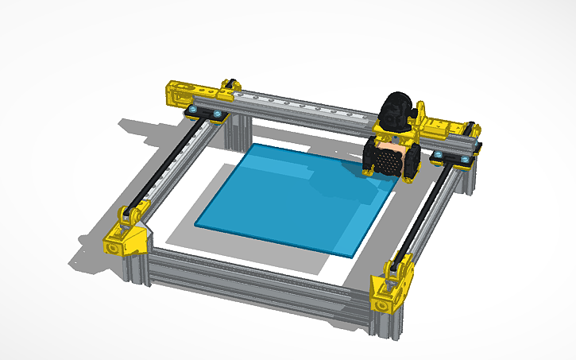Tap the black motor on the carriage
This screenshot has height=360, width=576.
[x=395, y=111]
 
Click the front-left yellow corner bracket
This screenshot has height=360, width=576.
[x=126, y=238]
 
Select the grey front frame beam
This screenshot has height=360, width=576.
[x=254, y=278]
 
